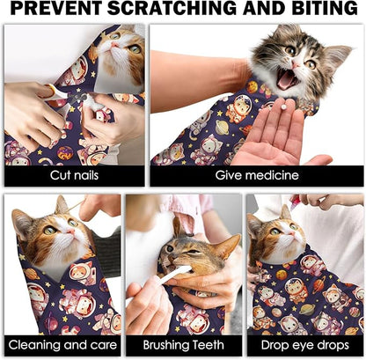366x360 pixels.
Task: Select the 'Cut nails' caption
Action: point(75,175)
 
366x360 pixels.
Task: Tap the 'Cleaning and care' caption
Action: point(62,345)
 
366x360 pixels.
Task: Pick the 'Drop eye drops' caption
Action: point(305,345)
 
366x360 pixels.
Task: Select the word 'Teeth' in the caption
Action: point(205,345)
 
